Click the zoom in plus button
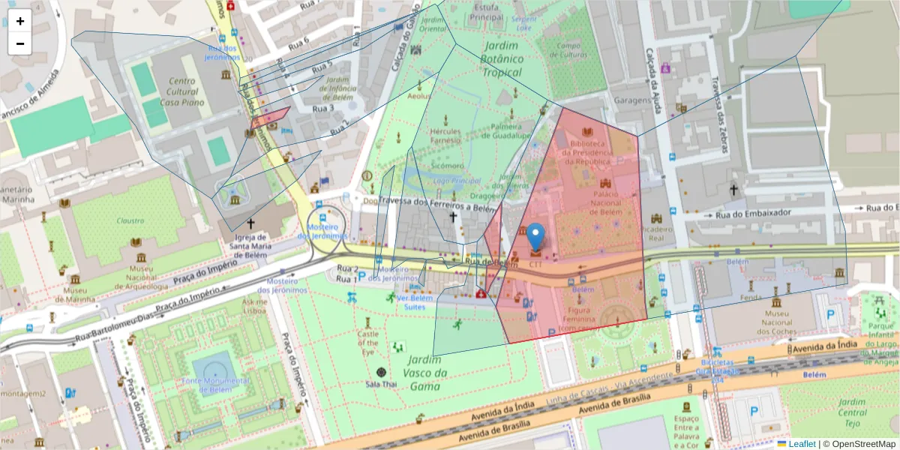click(20, 21)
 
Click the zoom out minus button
click(20, 43)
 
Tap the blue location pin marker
click(535, 237)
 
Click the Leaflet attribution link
click(801, 444)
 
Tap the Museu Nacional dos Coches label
click(775, 318)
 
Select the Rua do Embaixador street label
click(754, 213)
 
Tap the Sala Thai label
click(381, 385)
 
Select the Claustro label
click(130, 220)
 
